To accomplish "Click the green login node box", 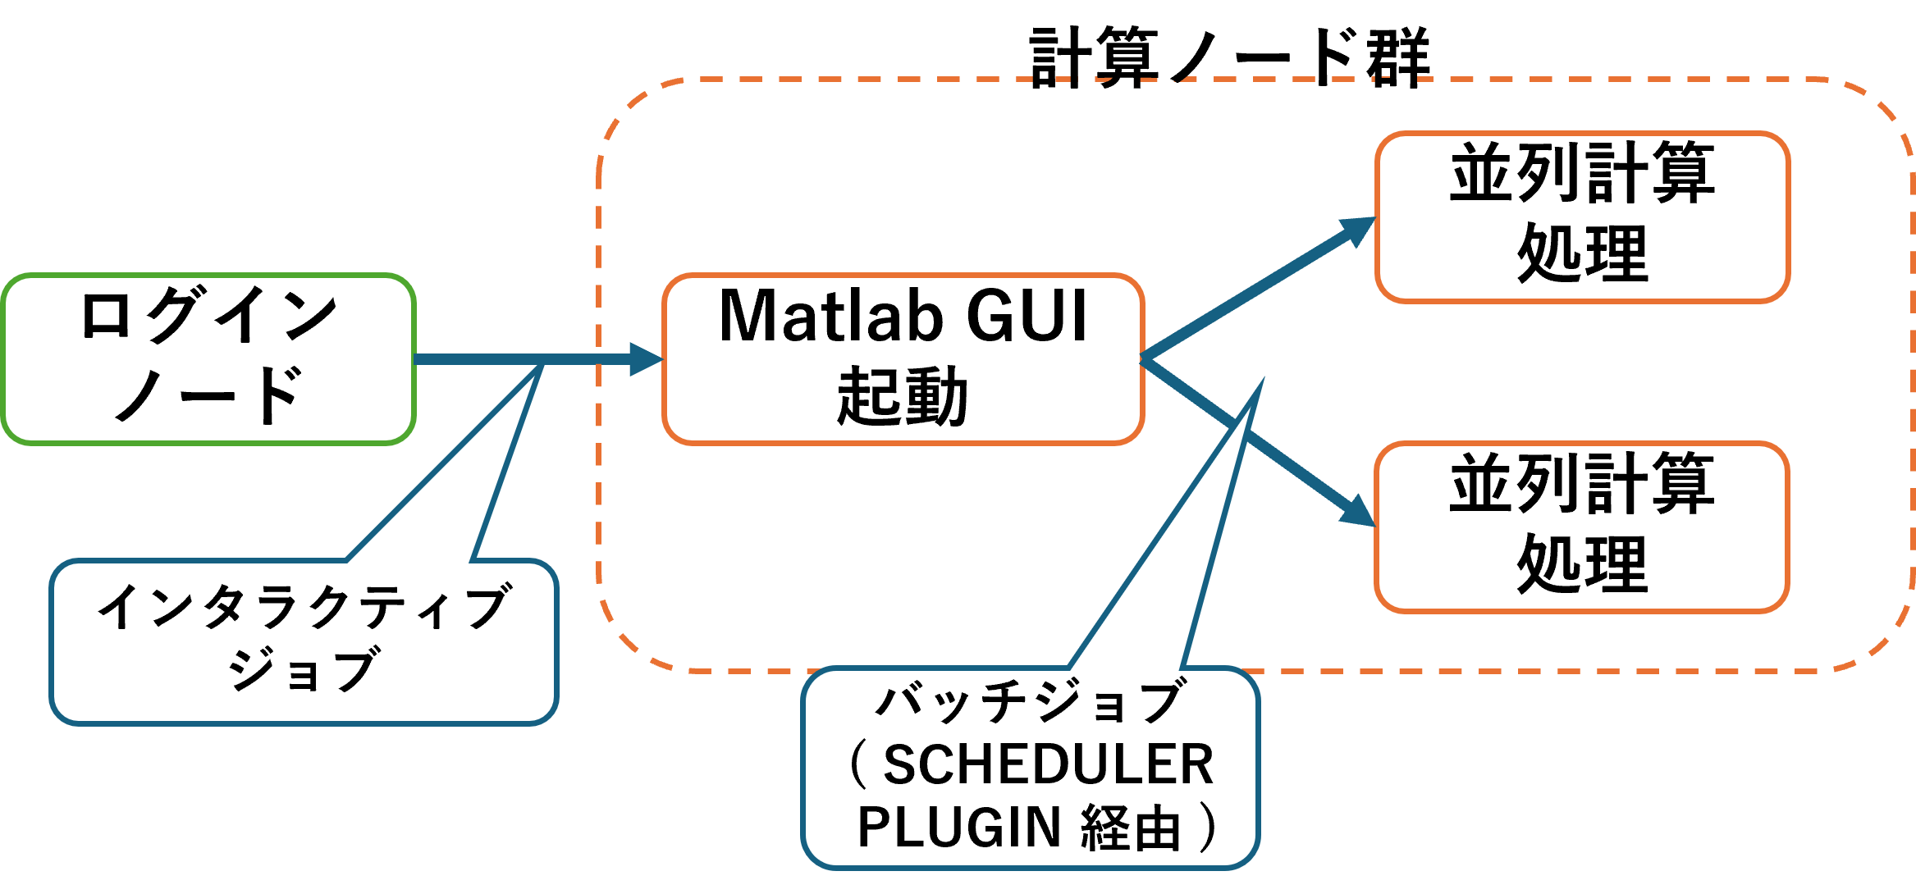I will point(208,359).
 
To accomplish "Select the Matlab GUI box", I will point(903,359).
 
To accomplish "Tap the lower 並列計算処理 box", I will point(1582,527).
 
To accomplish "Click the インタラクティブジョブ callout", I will point(304,641).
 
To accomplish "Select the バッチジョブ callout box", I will point(1031,767).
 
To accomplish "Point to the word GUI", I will point(1027,317).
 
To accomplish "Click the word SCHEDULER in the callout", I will point(1048,765).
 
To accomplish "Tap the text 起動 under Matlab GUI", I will point(903,398).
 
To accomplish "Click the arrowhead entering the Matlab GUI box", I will point(646,359).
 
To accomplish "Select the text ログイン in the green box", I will point(208,315).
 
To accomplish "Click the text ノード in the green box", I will point(208,395).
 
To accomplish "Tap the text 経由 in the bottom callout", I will point(1131,827).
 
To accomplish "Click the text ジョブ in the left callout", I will point(304,671).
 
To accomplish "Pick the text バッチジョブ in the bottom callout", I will point(1031,703).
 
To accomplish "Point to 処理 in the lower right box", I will point(1582,565).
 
